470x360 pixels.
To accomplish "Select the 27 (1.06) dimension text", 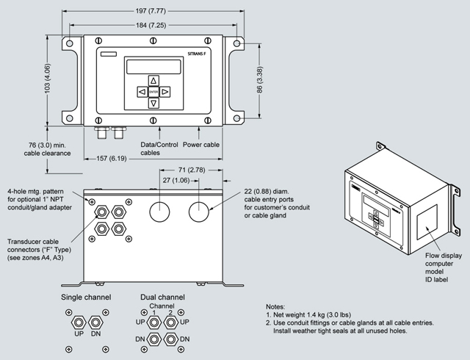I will (176, 181).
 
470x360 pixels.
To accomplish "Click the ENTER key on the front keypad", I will (153, 92).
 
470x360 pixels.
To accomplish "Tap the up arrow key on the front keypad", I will (153, 80).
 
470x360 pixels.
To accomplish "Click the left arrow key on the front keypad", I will (142, 92).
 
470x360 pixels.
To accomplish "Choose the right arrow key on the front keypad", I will (165, 92).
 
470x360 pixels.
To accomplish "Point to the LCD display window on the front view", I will (152, 65).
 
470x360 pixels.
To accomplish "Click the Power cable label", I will (201, 145).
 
